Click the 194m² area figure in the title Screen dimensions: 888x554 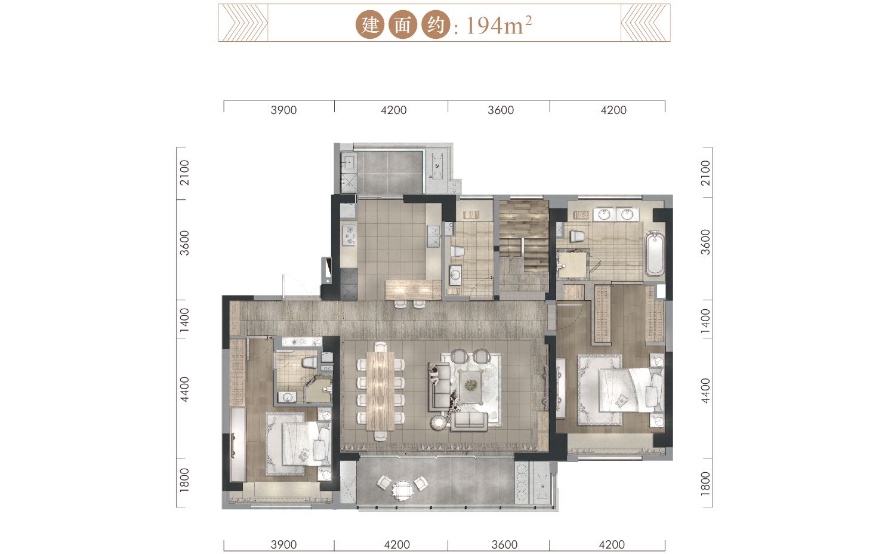pyautogui.click(x=499, y=26)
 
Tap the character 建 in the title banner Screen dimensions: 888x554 pyautogui.click(x=370, y=25)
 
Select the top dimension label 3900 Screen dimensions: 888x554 pyautogui.click(x=283, y=110)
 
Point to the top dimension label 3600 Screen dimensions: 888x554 pyautogui.click(x=501, y=110)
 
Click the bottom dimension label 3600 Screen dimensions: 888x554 pyautogui.click(x=504, y=544)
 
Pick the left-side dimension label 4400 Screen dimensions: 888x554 pyautogui.click(x=185, y=389)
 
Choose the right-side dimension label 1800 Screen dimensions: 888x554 pyautogui.click(x=705, y=484)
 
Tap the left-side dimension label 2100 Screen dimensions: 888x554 pyautogui.click(x=185, y=173)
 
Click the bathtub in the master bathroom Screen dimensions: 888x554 pyautogui.click(x=655, y=253)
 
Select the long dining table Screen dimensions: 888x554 pyautogui.click(x=380, y=391)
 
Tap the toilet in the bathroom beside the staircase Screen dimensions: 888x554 pyautogui.click(x=457, y=251)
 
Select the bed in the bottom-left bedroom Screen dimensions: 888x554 pyautogui.click(x=306, y=444)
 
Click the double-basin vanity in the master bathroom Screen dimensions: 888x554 pyautogui.click(x=616, y=214)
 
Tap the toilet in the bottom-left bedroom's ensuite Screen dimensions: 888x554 pyautogui.click(x=309, y=362)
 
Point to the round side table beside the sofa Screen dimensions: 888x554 pyautogui.click(x=439, y=423)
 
